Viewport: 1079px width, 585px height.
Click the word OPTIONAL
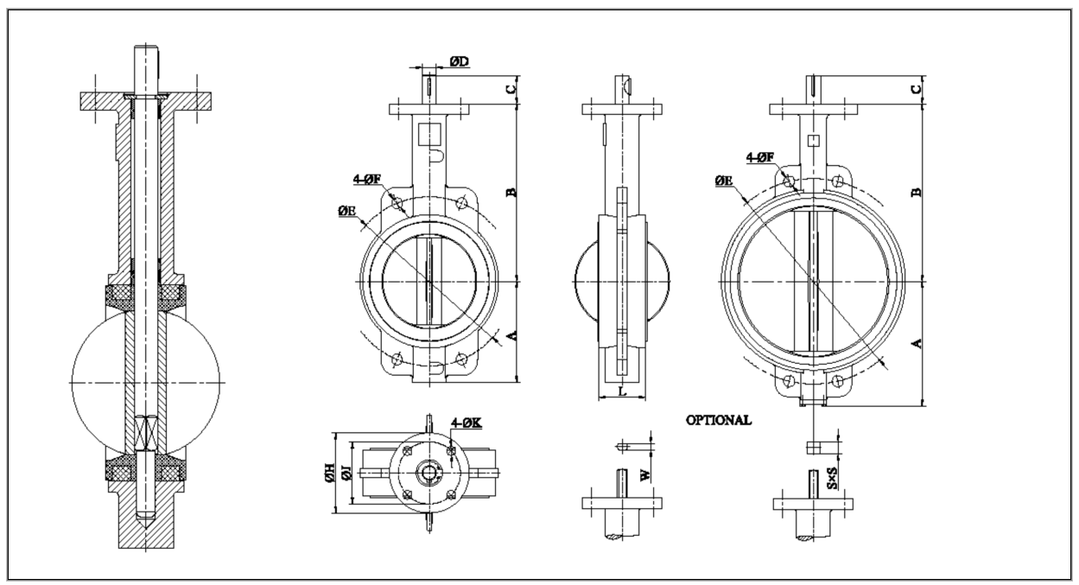click(718, 421)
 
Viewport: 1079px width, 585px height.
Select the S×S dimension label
click(834, 474)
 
